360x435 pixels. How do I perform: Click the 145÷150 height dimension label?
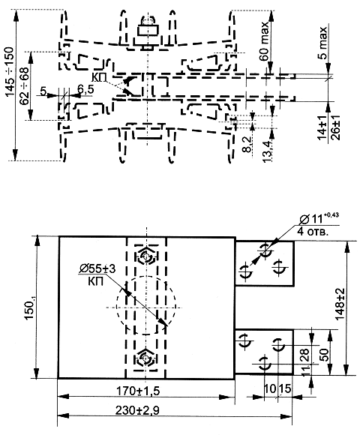[10, 71]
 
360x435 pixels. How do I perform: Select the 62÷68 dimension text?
[24, 85]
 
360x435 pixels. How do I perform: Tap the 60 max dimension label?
[264, 40]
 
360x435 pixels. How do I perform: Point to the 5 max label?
[322, 43]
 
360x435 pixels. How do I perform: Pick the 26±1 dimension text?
[335, 126]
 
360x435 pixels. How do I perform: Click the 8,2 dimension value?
[247, 145]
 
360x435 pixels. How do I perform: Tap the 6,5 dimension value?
[85, 89]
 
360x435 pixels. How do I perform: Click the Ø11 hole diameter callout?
[319, 218]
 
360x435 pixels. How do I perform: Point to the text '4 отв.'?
[313, 231]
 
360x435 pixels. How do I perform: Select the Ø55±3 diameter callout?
[97, 268]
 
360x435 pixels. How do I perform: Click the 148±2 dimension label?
[340, 304]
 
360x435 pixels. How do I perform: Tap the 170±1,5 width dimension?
[138, 391]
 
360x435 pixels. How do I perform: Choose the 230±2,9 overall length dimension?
[137, 410]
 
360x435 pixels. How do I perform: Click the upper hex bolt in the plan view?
[146, 256]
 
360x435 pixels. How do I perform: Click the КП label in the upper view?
[100, 78]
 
